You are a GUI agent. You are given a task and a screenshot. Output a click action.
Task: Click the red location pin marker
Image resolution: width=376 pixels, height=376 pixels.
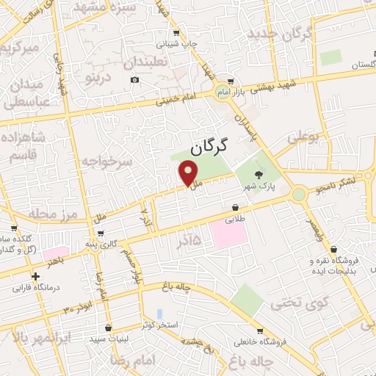click(x=189, y=173)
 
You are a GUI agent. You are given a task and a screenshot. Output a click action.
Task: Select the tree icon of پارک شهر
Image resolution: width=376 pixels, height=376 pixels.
click(x=258, y=174)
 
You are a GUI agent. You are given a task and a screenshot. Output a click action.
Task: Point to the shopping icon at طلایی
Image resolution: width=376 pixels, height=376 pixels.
click(x=234, y=208)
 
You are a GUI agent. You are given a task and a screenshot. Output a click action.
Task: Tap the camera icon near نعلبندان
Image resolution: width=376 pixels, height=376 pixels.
click(x=134, y=79)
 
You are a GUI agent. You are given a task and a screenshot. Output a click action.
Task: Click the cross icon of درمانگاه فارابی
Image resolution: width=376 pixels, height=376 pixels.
click(x=35, y=276)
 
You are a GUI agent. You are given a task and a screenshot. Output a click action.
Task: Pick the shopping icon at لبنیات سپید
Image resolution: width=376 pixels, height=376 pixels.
click(x=109, y=328)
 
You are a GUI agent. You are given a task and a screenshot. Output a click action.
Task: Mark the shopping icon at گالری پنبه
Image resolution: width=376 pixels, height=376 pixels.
click(x=101, y=233)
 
